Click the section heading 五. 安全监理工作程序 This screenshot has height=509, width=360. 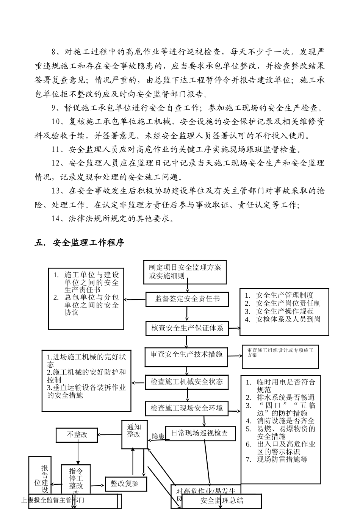pyautogui.click(x=79, y=243)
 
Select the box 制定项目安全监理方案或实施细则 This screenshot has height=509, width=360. pyautogui.click(x=185, y=272)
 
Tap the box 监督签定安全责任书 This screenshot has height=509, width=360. pyautogui.click(x=187, y=299)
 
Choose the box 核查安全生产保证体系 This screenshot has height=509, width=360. pyautogui.click(x=187, y=328)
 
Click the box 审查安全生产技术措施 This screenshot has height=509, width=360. pyautogui.click(x=186, y=355)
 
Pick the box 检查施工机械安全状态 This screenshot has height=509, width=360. pyautogui.click(x=186, y=382)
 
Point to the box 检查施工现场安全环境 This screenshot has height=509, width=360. pyautogui.click(x=186, y=408)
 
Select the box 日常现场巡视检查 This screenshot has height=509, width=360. pyautogui.click(x=199, y=433)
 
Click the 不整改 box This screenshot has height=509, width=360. pyautogui.click(x=77, y=435)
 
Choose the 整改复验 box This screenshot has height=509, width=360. pyautogui.click(x=124, y=484)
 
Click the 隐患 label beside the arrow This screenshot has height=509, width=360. pyautogui.click(x=158, y=436)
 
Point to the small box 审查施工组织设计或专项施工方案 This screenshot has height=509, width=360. pyautogui.click(x=280, y=356)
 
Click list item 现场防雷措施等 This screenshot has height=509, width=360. pyautogui.click(x=282, y=459)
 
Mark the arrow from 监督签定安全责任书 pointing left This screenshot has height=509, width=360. pyautogui.click(x=135, y=300)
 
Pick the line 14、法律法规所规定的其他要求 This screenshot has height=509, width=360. pyautogui.click(x=113, y=219)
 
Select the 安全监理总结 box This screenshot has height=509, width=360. pyautogui.click(x=222, y=501)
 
